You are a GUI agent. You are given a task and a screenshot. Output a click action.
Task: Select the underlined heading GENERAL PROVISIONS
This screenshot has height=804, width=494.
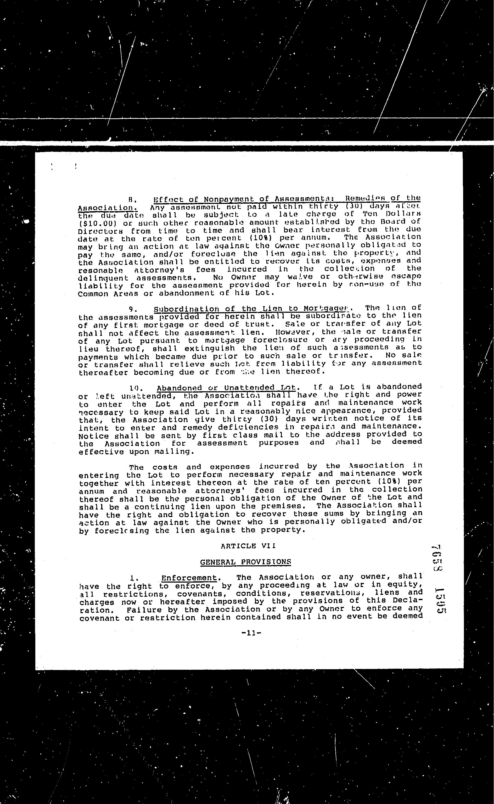click(245, 562)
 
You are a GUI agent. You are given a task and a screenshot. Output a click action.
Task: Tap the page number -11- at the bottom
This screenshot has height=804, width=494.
click(251, 633)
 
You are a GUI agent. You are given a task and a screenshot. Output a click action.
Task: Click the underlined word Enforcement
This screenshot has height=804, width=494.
click(189, 578)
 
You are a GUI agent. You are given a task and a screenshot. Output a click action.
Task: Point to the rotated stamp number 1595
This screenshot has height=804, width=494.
click(439, 600)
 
